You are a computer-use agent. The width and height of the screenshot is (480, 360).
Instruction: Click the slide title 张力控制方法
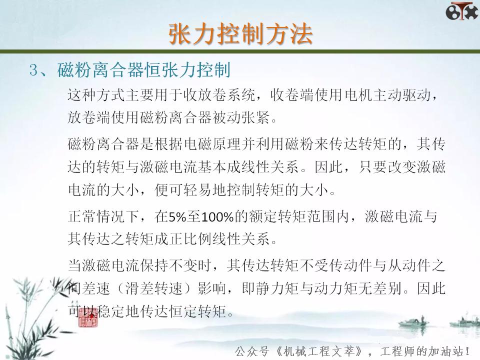coord(240,34)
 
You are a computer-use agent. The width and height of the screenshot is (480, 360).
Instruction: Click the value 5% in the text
coord(176,217)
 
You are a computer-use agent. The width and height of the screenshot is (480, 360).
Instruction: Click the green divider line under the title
coord(240,51)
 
